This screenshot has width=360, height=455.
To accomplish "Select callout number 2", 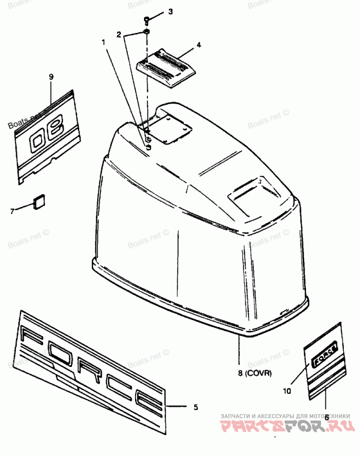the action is (119, 34).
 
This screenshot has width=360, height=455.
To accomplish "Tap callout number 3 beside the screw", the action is (171, 12).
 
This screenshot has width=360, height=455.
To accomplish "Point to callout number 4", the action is (198, 45).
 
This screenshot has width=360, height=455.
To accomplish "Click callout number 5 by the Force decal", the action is (195, 407).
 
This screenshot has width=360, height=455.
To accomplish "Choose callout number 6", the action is (326, 417).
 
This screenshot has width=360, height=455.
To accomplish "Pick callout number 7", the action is (13, 210).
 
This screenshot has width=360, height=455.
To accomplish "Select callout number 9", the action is (51, 77).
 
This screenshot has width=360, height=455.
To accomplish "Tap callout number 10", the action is (287, 391).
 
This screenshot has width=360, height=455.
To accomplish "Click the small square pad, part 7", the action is (39, 201).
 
